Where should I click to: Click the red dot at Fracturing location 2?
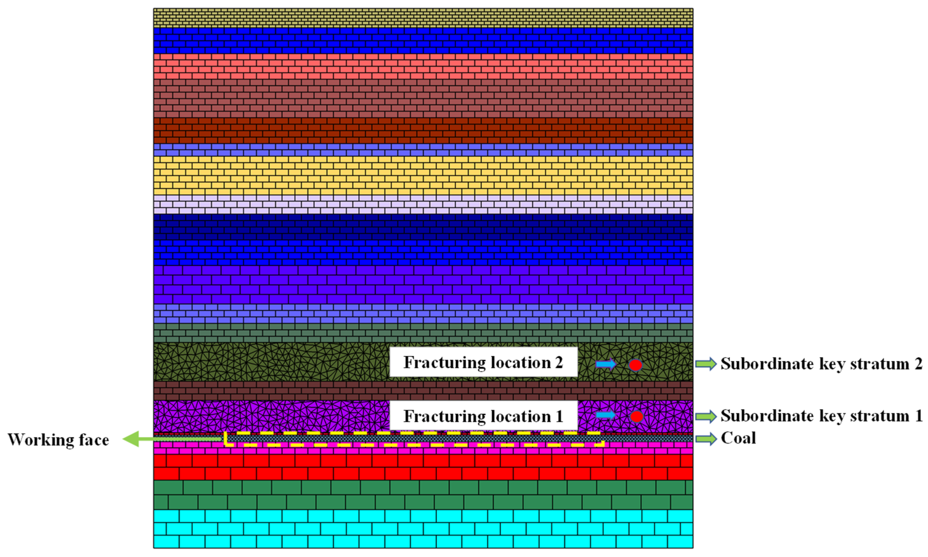pyautogui.click(x=635, y=365)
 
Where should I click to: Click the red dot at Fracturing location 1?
pyautogui.click(x=636, y=416)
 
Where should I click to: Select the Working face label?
pyautogui.click(x=59, y=439)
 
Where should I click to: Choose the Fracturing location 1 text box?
pyautogui.click(x=483, y=416)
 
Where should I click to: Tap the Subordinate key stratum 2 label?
pyautogui.click(x=821, y=364)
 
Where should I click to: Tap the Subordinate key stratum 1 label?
pyautogui.click(x=821, y=416)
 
